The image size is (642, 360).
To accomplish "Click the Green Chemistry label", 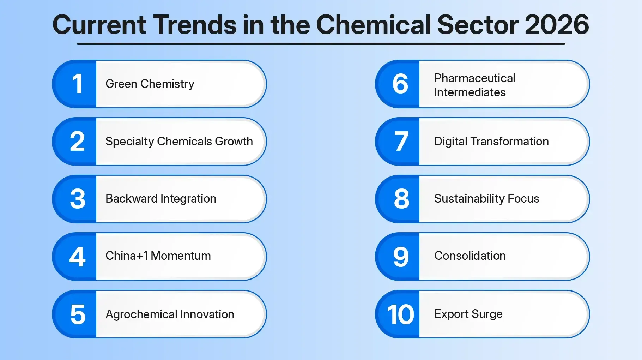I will [x=150, y=84].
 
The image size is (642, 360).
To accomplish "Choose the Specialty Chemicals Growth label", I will [x=179, y=142].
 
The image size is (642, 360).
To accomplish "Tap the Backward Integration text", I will [x=161, y=199].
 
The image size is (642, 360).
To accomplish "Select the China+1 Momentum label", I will [x=158, y=256].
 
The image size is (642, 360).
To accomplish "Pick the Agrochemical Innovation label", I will [x=170, y=314].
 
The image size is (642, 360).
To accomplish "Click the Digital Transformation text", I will [x=491, y=142].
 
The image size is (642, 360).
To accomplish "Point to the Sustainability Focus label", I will [x=486, y=199].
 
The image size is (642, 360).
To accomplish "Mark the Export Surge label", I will [x=468, y=314].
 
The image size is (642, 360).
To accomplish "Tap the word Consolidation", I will [x=470, y=256].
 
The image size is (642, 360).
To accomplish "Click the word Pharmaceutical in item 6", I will [x=474, y=78].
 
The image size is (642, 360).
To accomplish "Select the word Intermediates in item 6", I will [x=470, y=92].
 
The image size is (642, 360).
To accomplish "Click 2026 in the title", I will [x=557, y=25].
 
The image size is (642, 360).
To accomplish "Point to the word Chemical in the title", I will [x=374, y=25].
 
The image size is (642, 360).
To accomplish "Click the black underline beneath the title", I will [x=321, y=44].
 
